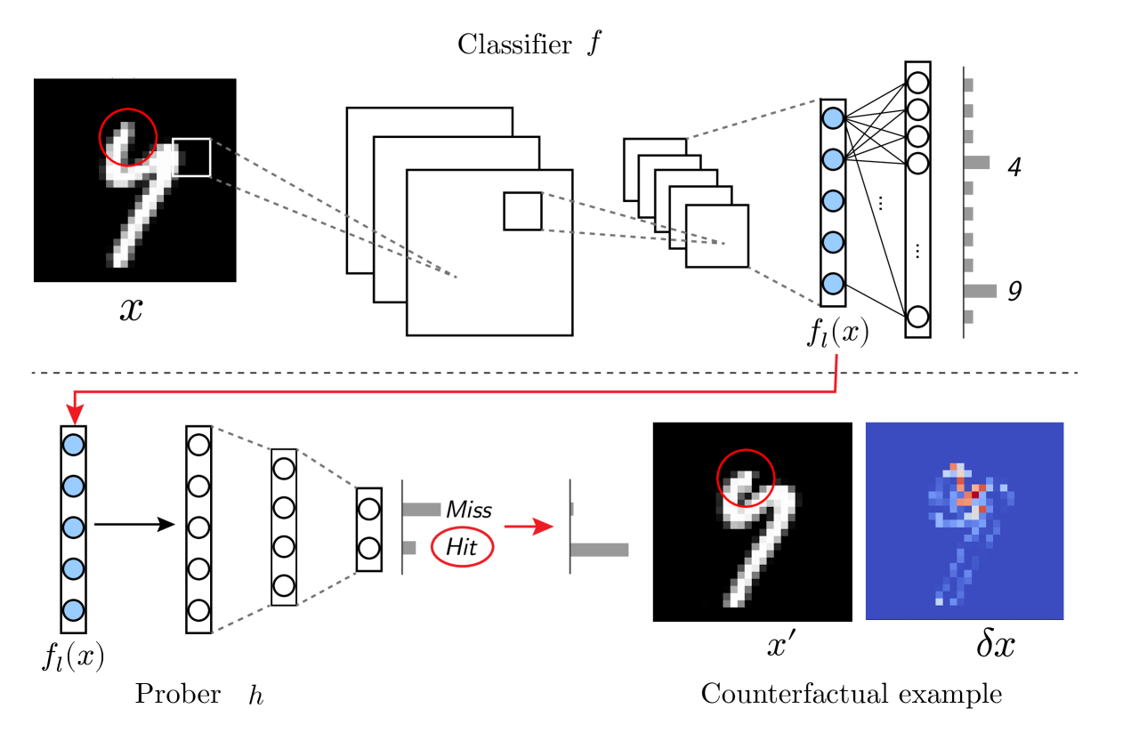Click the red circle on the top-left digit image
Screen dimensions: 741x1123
point(128,137)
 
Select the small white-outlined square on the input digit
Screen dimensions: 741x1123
point(191,157)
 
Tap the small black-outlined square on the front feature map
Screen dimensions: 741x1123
point(522,211)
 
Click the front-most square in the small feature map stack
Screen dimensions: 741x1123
point(716,236)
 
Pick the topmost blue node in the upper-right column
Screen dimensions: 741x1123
point(833,118)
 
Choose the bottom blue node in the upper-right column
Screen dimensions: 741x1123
point(833,284)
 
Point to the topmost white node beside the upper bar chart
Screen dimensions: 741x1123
point(917,83)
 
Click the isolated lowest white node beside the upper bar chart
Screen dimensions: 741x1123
point(917,317)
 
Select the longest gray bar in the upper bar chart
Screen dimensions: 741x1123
point(981,291)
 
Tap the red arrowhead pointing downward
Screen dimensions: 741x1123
point(76,414)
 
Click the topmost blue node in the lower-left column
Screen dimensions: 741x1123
point(73,445)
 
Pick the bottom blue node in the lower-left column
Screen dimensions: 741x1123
point(73,610)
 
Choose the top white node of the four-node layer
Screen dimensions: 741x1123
point(284,469)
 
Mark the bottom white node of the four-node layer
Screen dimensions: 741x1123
point(284,585)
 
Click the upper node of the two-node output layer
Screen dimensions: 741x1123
point(369,509)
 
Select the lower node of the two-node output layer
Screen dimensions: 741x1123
point(369,548)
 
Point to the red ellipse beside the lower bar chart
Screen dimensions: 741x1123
point(462,547)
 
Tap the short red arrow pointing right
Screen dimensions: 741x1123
point(529,527)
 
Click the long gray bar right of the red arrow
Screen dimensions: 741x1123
point(600,550)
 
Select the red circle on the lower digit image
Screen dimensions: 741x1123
point(746,478)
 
